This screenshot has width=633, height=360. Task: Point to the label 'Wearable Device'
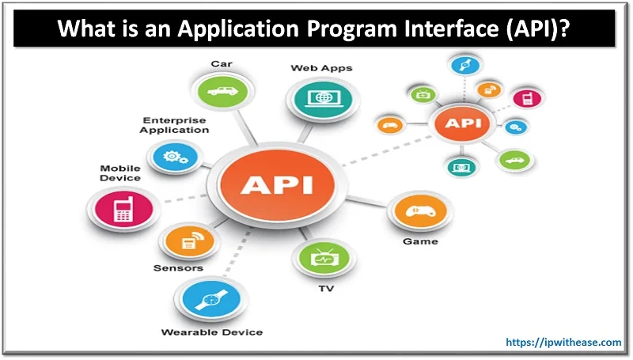(211, 332)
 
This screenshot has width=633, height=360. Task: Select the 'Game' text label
(420, 241)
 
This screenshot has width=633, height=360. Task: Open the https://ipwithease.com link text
(563, 342)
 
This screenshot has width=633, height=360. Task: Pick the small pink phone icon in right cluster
(523, 97)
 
